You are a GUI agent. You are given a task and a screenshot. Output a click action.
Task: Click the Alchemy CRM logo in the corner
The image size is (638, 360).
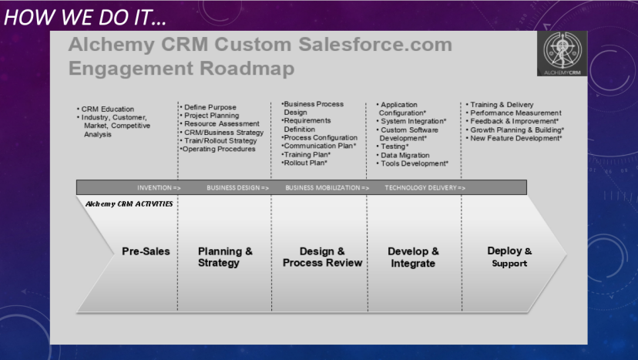click(x=562, y=53)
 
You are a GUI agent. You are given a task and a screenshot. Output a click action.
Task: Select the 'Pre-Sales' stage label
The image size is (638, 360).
click(x=146, y=251)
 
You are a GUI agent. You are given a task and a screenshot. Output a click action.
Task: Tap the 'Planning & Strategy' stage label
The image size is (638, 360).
click(x=225, y=257)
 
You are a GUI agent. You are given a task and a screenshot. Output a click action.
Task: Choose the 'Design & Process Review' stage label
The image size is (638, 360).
click(x=322, y=257)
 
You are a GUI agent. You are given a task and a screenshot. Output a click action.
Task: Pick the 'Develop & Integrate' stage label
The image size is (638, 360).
click(x=413, y=257)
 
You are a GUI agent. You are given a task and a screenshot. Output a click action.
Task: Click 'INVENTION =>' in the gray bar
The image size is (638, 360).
click(x=159, y=187)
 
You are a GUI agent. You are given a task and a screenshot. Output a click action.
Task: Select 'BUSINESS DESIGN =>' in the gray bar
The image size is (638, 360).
click(x=237, y=187)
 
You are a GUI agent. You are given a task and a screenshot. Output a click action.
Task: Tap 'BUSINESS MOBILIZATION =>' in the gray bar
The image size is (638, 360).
click(x=327, y=187)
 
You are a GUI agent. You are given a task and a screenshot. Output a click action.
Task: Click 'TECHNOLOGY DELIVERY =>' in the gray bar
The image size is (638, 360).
click(x=425, y=187)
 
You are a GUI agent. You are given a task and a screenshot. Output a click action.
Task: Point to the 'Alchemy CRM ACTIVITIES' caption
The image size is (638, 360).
click(x=129, y=204)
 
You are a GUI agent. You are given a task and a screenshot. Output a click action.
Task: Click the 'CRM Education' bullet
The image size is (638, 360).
click(x=108, y=109)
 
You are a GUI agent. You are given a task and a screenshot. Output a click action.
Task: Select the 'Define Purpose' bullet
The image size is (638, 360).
click(x=210, y=107)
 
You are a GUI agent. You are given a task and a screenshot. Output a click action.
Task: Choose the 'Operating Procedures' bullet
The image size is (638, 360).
click(x=219, y=150)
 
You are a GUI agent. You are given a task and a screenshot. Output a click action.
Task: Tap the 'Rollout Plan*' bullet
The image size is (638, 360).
click(x=305, y=163)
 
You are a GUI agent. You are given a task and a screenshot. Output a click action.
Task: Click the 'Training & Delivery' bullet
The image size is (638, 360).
click(x=502, y=105)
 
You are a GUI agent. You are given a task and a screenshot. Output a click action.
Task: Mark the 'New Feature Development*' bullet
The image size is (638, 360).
click(x=516, y=139)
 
